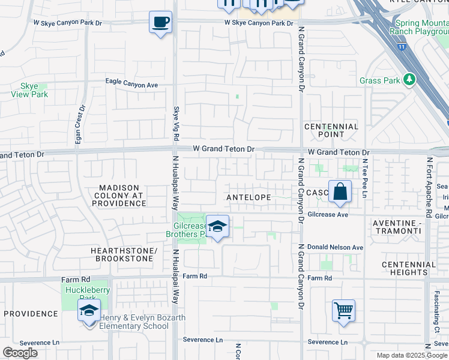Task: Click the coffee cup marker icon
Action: [x=160, y=23]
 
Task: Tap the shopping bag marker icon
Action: [x=340, y=192]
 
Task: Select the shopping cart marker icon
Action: [x=343, y=311]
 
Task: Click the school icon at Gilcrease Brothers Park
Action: [x=217, y=227]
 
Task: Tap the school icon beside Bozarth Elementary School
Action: [x=89, y=311]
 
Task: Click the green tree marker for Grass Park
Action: [x=409, y=79]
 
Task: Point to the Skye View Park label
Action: [x=29, y=91]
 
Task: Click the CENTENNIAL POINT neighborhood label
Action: [x=331, y=131]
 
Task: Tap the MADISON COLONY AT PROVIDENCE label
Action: [x=118, y=196]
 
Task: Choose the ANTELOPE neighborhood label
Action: [x=249, y=197]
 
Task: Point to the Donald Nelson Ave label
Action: [x=335, y=247]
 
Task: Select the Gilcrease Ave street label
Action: [x=328, y=214]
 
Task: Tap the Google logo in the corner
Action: [x=20, y=353]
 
